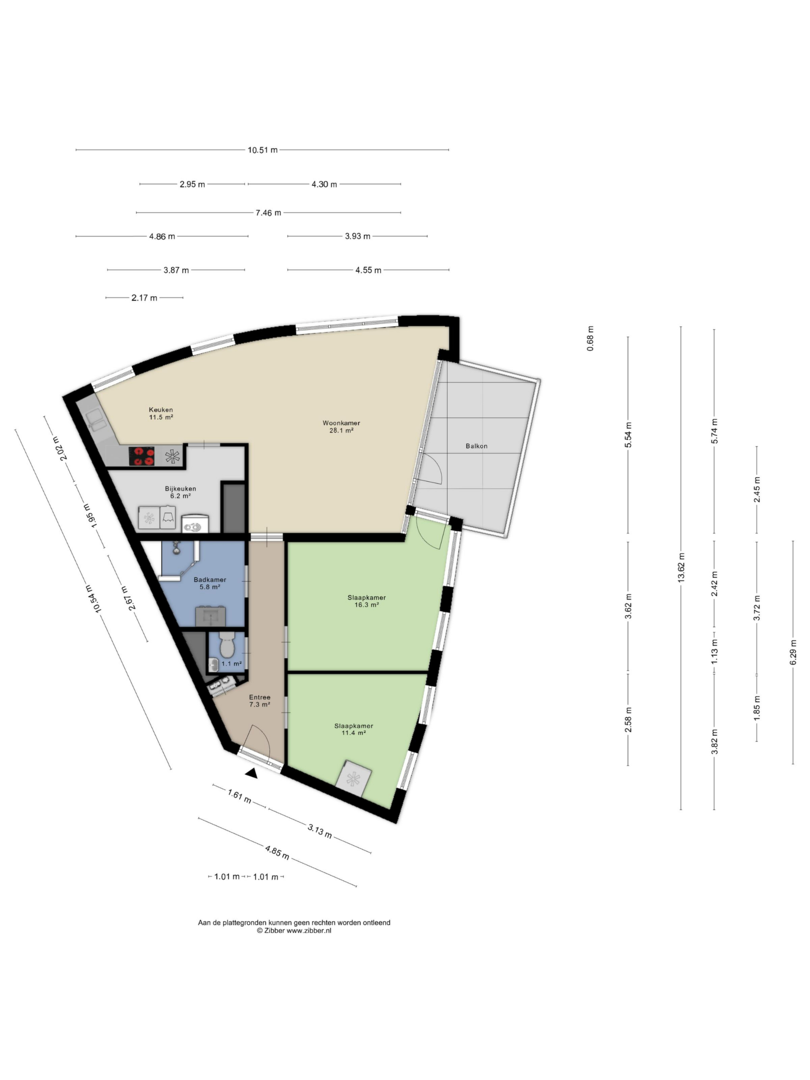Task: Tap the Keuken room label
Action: click(161, 410)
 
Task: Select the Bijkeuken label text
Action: click(180, 488)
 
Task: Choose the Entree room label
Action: click(260, 697)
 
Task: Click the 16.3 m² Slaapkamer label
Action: click(367, 597)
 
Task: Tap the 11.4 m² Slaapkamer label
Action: click(354, 726)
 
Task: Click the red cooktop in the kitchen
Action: click(142, 456)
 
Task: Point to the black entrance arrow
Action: click(251, 773)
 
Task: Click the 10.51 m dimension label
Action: click(262, 150)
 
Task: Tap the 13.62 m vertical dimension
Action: click(681, 567)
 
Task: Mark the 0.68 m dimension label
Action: click(590, 338)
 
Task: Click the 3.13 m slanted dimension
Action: click(320, 831)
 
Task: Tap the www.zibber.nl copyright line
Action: click(294, 931)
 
